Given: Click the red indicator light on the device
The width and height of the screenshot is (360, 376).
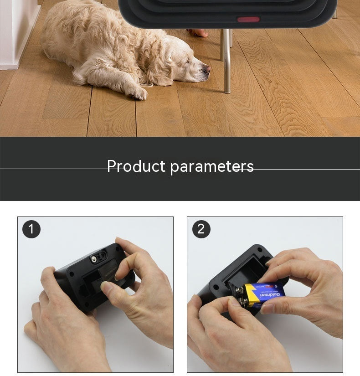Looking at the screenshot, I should (248, 20).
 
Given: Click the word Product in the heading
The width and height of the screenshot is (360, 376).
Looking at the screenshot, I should (136, 166).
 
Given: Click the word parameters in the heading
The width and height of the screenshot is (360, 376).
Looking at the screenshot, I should (212, 167).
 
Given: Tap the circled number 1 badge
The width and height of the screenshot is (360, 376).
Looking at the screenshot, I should (31, 229).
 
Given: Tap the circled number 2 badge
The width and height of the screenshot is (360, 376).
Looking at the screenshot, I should (201, 229).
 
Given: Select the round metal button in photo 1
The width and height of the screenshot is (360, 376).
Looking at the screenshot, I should (94, 258).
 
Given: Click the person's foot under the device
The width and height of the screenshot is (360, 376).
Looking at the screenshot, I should (197, 33).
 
